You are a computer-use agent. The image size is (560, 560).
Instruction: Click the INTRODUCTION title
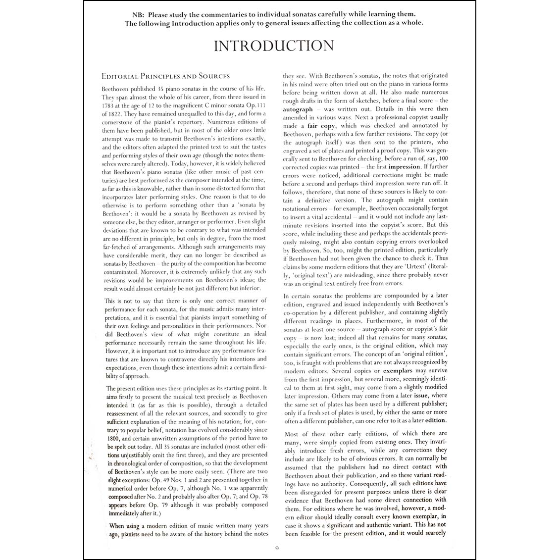click(273, 46)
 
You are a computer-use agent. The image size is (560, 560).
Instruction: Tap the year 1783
click(109, 105)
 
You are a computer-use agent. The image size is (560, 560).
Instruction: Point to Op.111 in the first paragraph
click(256, 105)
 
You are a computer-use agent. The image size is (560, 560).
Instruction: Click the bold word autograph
click(298, 109)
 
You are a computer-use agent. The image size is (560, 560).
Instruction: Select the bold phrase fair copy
click(321, 126)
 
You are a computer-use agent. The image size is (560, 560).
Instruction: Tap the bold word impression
click(404, 167)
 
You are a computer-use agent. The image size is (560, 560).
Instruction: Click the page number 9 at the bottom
click(277, 548)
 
